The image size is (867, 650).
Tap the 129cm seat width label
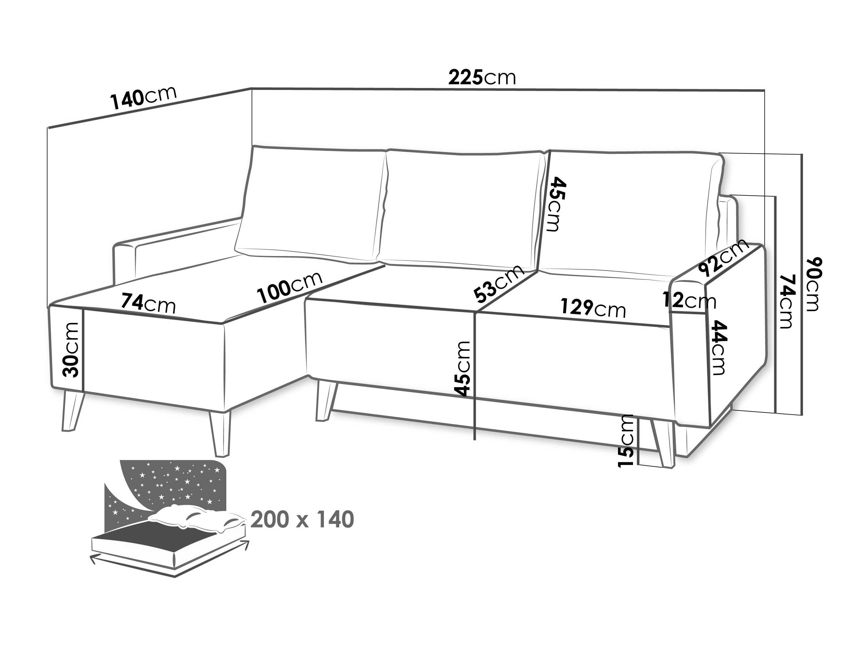593,308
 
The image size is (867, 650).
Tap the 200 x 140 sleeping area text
302,520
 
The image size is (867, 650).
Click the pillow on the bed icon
198,518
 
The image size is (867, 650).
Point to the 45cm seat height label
463,369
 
